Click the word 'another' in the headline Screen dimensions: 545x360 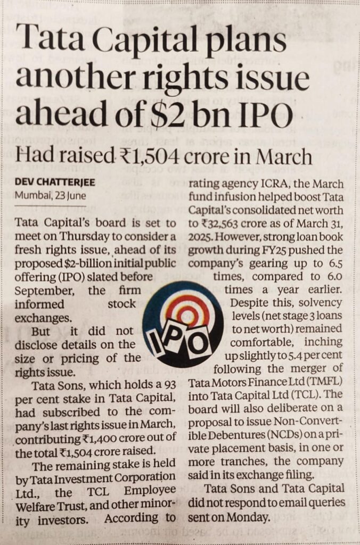(73, 79)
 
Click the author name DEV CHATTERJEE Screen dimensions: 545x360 (54, 182)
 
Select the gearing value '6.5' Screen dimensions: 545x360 (333, 263)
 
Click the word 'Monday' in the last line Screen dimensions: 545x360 (251, 516)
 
